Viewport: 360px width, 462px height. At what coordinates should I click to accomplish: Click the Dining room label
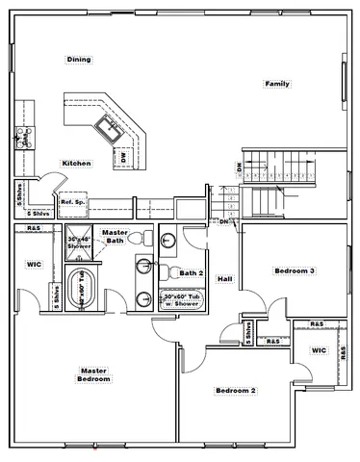click(79, 60)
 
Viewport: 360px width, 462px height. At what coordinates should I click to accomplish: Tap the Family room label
click(277, 85)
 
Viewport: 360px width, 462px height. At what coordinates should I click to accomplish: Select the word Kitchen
click(77, 164)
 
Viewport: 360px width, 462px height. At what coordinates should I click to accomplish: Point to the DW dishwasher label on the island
click(123, 155)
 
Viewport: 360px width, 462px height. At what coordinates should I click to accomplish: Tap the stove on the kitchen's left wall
click(22, 138)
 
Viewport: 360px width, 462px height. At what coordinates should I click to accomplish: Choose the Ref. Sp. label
click(73, 202)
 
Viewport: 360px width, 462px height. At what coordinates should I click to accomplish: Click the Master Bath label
click(116, 236)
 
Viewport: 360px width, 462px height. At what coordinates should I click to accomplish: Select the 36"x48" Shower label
click(80, 243)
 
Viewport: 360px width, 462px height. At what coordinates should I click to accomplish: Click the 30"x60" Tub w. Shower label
click(180, 300)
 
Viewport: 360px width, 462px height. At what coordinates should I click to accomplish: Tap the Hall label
click(224, 279)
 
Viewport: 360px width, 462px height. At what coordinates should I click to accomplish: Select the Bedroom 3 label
click(294, 270)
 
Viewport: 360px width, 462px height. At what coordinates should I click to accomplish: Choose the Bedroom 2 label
click(235, 391)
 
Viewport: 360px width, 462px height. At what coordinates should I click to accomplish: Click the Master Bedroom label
click(93, 374)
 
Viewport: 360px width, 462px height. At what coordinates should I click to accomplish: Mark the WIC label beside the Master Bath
click(34, 264)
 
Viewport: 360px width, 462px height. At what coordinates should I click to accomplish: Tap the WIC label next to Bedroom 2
click(319, 350)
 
